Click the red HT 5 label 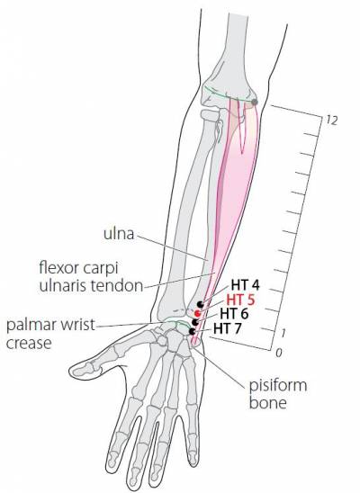240,300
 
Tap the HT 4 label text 245,285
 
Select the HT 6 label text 234,313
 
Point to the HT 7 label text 228,328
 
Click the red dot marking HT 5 197,313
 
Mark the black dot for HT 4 201,304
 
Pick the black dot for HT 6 195,322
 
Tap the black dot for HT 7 193,331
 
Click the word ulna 119,234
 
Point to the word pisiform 278,385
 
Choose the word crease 29,343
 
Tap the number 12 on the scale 332,120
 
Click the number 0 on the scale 279,353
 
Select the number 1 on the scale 283,333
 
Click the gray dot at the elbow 255,103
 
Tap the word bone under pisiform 268,403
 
